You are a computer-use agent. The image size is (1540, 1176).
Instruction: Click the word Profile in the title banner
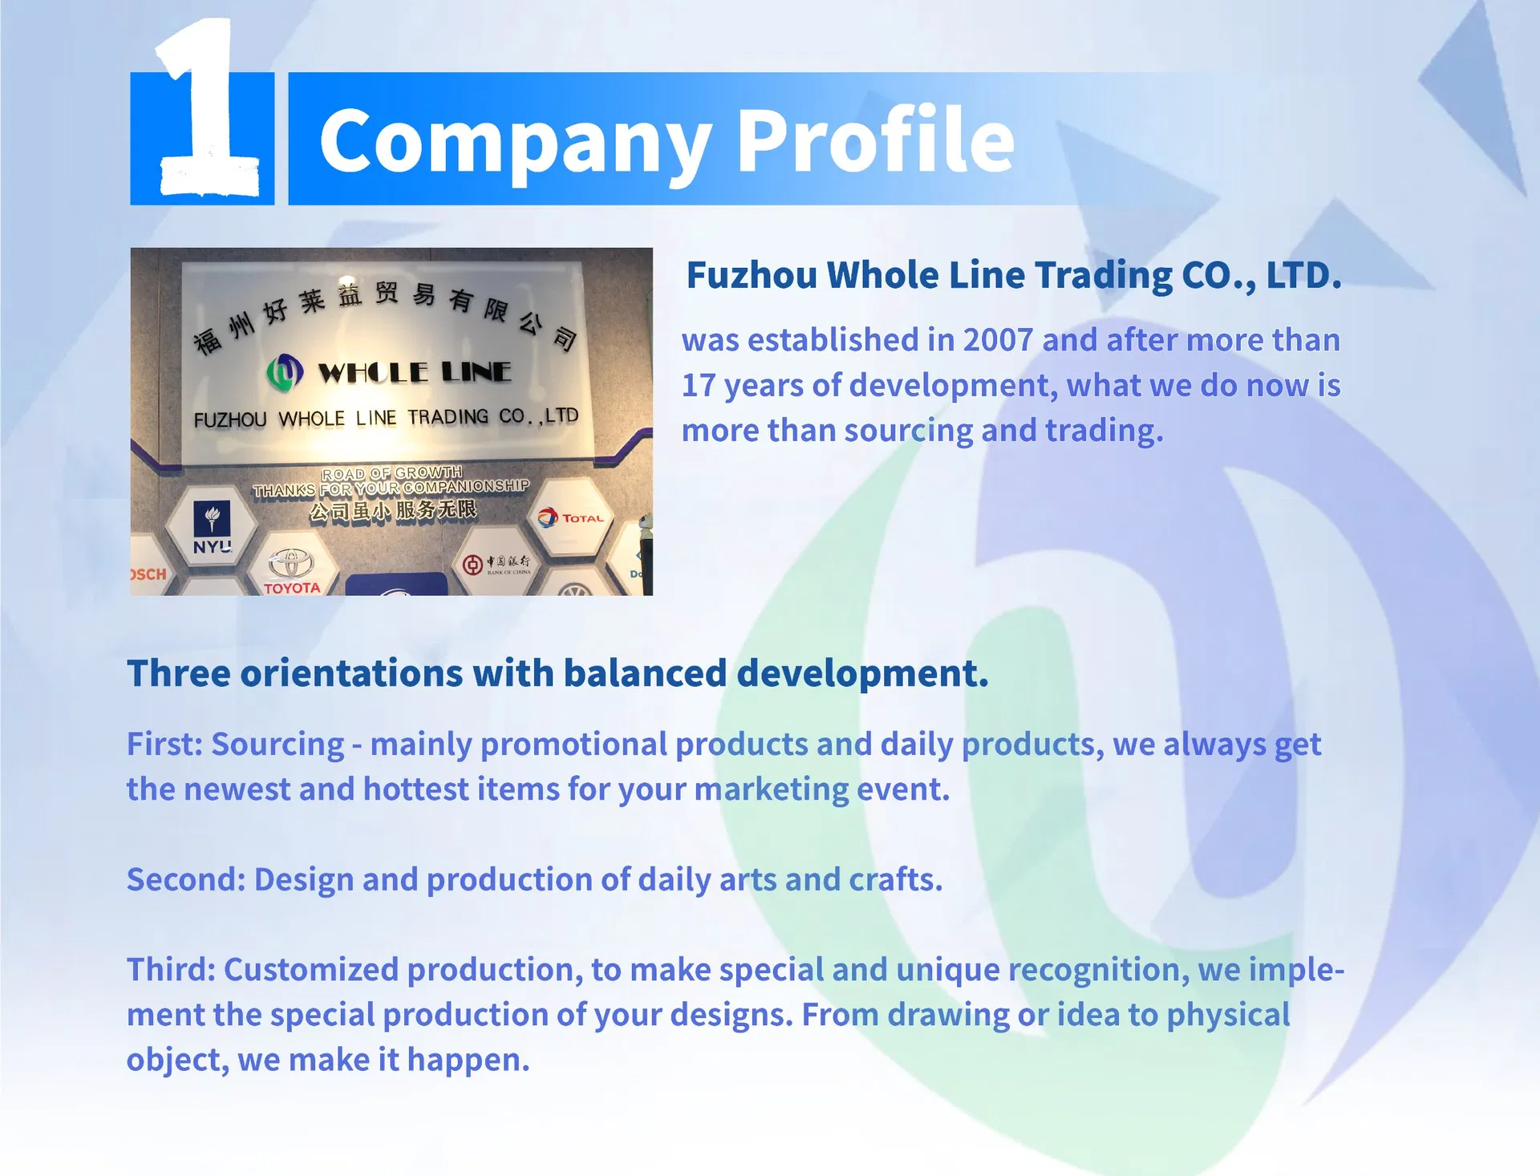(875, 140)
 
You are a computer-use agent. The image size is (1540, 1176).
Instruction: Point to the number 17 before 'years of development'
(699, 386)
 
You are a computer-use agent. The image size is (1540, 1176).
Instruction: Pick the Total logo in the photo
(571, 518)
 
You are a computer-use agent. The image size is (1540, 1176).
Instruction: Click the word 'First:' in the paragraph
(165, 744)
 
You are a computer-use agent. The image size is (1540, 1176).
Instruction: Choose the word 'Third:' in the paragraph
(171, 970)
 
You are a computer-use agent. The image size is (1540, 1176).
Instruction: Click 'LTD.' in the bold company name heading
(1303, 275)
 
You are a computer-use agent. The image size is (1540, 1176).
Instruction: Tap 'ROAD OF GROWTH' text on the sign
(392, 473)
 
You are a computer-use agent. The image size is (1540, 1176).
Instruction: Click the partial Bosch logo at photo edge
(148, 574)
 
